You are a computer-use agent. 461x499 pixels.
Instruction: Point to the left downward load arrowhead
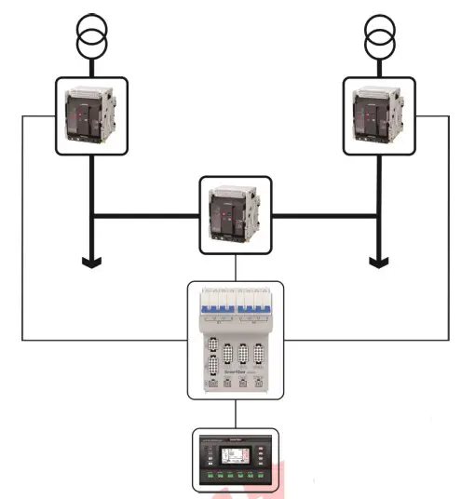(x=91, y=262)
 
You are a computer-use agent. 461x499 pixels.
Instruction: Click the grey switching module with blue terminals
(x=236, y=340)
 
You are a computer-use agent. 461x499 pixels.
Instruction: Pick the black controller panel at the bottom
(x=236, y=458)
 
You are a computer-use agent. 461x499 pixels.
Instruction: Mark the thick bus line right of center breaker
(x=326, y=216)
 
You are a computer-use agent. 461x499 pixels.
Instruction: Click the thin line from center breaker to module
(x=236, y=267)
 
